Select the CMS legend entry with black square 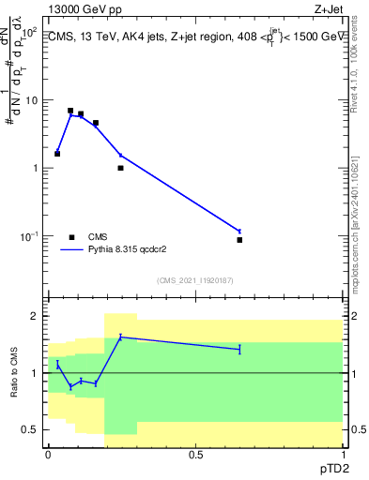[x=95, y=237]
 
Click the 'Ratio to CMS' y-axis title [x=14, y=373]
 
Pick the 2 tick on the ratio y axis [x=34, y=316]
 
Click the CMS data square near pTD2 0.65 [x=239, y=240]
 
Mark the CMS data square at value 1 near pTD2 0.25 [x=120, y=168]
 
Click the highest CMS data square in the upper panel [x=70, y=111]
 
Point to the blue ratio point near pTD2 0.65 [x=239, y=349]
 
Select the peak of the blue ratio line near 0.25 [x=120, y=337]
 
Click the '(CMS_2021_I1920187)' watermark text [x=195, y=280]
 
